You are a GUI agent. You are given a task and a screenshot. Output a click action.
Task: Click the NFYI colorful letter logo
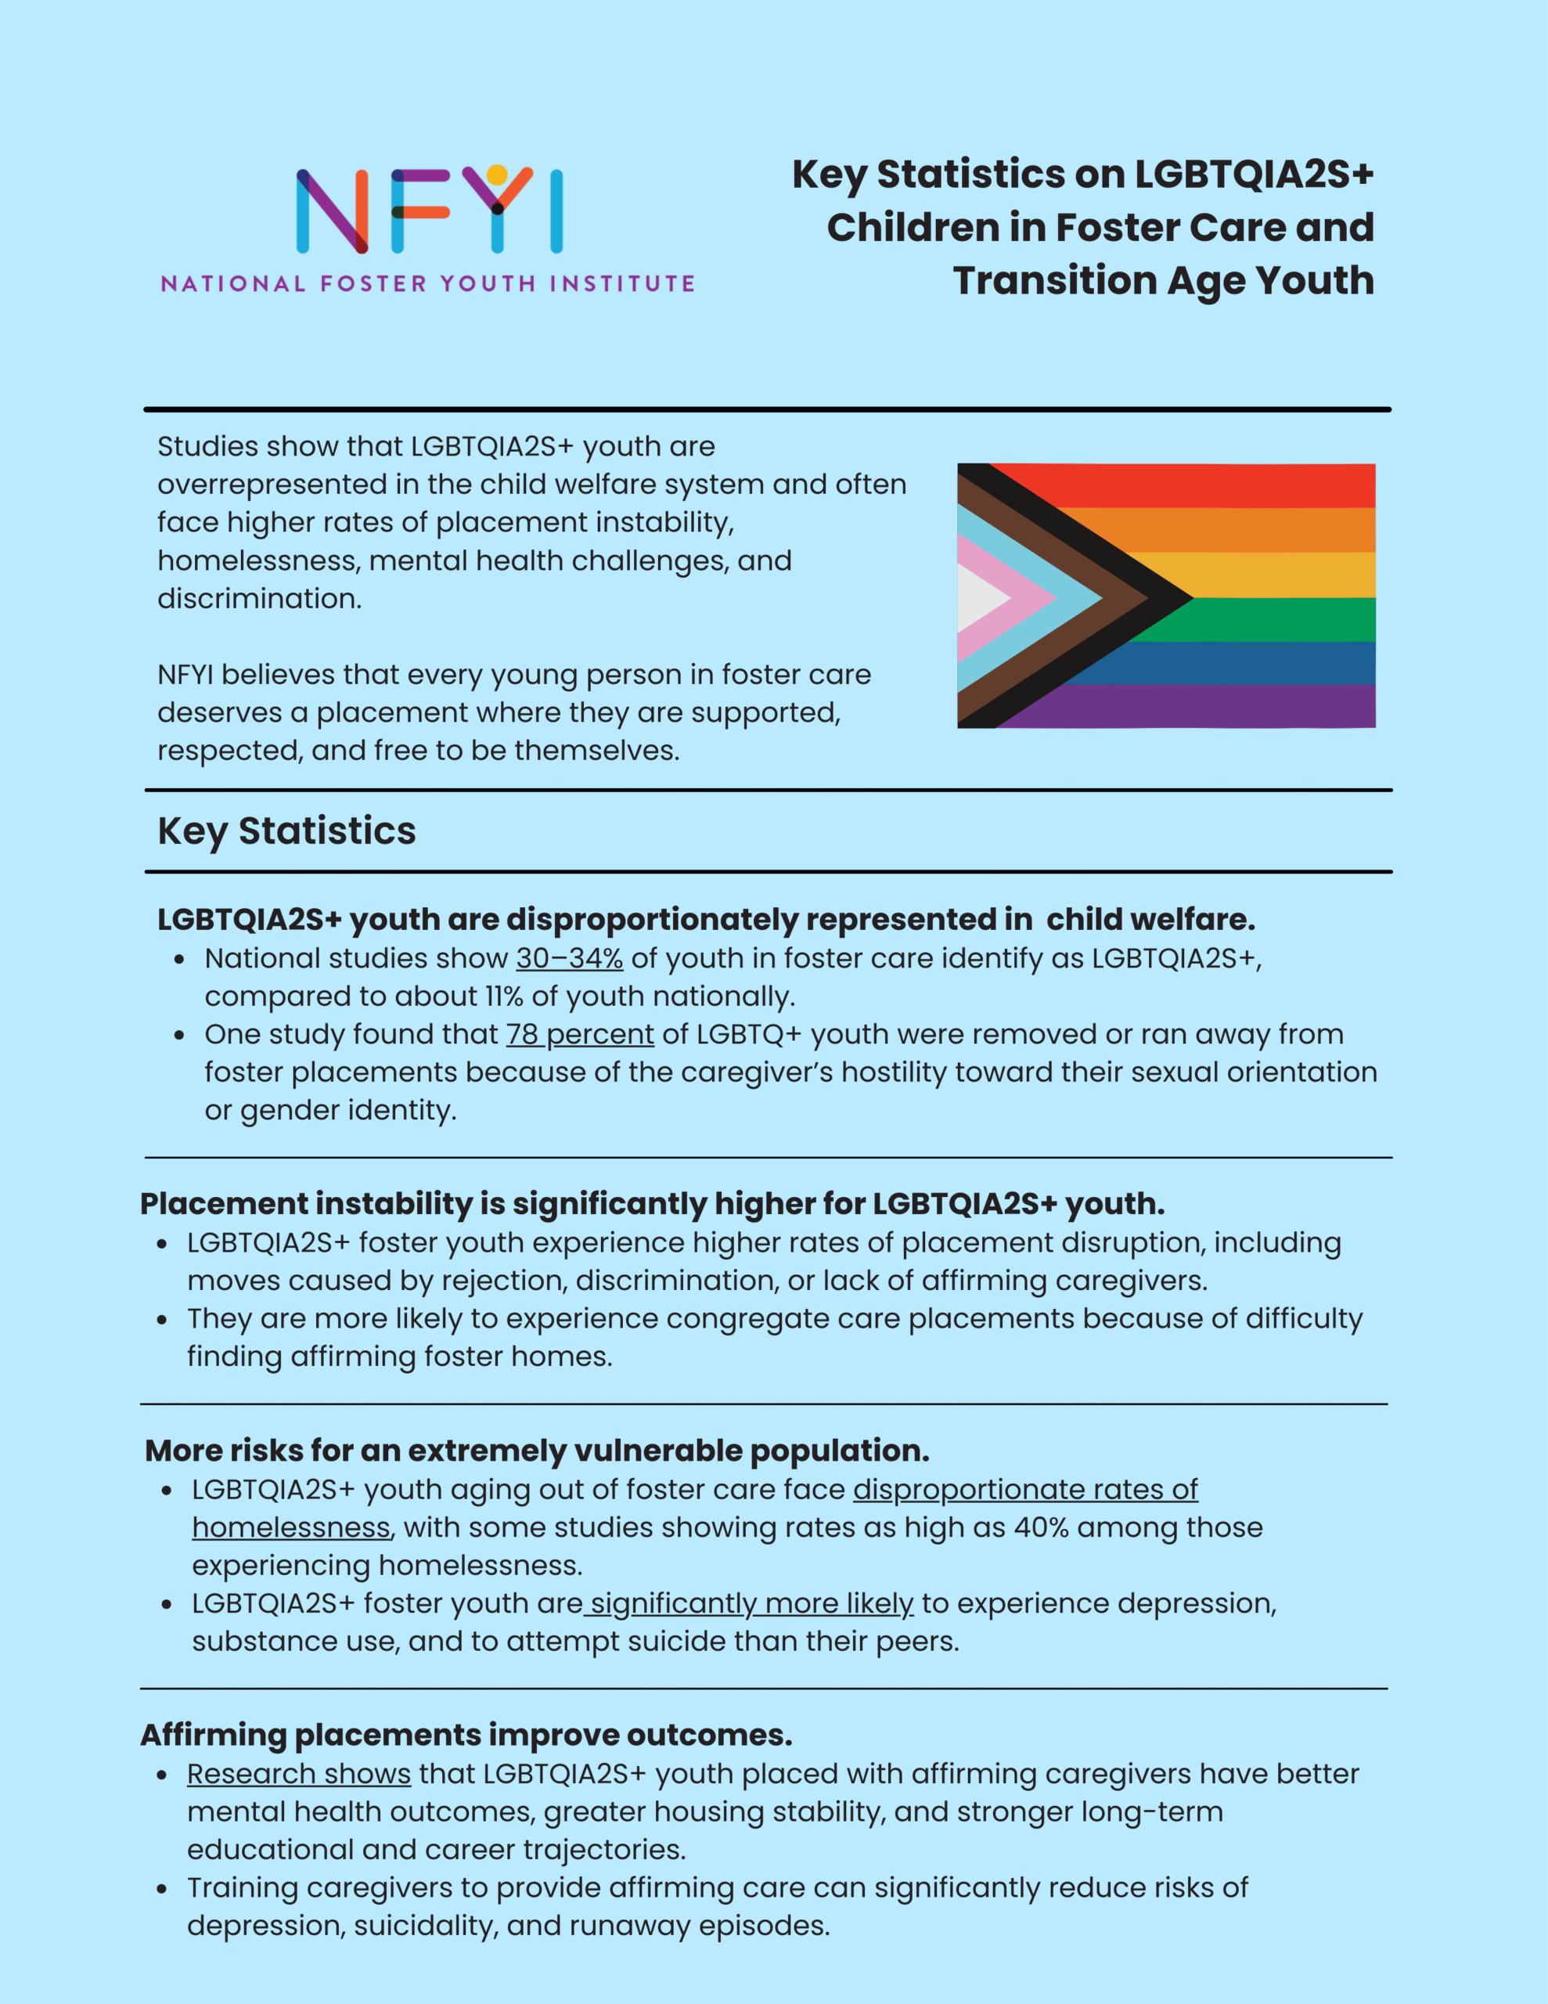(x=429, y=210)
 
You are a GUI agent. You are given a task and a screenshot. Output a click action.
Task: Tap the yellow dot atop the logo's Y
(x=497, y=175)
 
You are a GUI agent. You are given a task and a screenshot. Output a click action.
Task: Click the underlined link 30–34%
(x=569, y=958)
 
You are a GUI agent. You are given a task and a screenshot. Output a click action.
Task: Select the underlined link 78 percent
(x=579, y=1034)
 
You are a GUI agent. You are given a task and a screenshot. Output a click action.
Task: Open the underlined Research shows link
(x=298, y=1774)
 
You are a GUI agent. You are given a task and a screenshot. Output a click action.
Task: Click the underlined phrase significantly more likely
(x=751, y=1603)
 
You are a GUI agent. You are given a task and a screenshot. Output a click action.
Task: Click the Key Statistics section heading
(x=286, y=831)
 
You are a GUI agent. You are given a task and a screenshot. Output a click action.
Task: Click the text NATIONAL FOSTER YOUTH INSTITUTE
(x=427, y=283)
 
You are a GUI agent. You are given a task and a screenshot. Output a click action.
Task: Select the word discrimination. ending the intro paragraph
(x=260, y=598)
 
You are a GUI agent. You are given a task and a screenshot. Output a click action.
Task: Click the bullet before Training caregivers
(x=163, y=1889)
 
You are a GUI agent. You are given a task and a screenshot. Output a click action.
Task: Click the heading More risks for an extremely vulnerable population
(x=537, y=1450)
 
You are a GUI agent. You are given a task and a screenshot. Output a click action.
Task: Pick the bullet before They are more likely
(x=163, y=1321)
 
